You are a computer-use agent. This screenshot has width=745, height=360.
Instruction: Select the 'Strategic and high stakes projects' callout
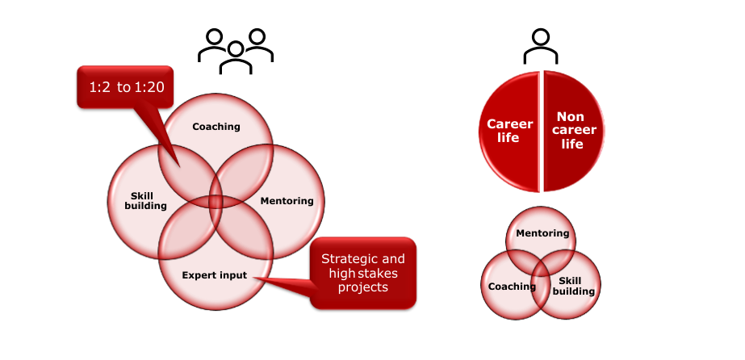click(363, 273)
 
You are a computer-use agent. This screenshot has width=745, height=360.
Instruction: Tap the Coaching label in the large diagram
click(216, 127)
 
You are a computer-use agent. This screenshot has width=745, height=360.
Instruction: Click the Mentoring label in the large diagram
click(287, 200)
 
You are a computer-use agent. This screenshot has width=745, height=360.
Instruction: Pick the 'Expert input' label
click(214, 275)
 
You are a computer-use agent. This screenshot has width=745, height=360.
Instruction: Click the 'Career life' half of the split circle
click(509, 131)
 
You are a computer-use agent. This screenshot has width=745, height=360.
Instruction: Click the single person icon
click(541, 47)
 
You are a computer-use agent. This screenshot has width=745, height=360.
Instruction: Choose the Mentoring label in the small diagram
click(542, 234)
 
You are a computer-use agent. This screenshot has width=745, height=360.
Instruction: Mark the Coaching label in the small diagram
click(512, 286)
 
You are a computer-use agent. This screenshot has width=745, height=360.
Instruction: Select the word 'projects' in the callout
click(363, 287)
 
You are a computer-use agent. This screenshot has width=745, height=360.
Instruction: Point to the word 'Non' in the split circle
click(571, 117)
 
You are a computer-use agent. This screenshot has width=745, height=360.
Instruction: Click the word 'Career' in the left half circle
click(509, 124)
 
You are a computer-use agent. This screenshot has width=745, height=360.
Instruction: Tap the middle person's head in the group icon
click(236, 48)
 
